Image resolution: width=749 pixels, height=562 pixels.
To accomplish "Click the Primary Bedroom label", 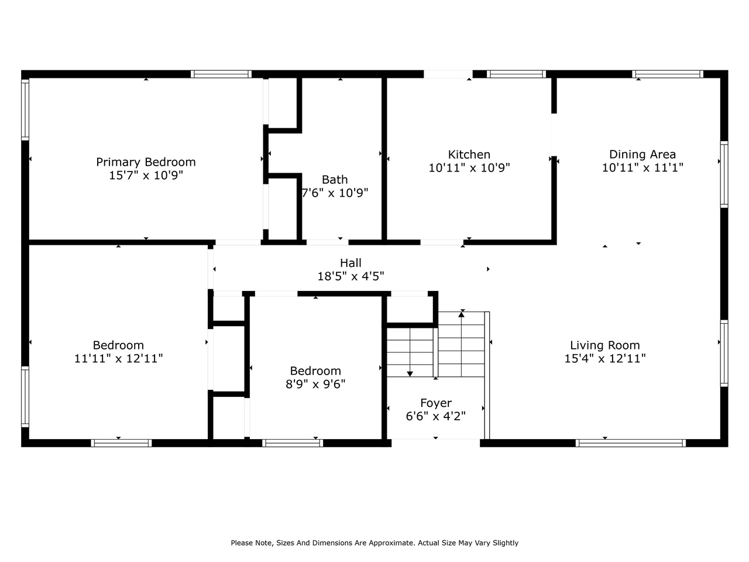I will click(146, 162).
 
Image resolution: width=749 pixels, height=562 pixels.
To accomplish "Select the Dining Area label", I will click(643, 155).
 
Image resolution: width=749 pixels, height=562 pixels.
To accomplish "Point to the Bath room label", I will click(335, 180).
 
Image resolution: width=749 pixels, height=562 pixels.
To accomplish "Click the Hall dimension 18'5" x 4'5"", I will click(351, 276).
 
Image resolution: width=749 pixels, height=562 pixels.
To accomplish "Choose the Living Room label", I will click(605, 345).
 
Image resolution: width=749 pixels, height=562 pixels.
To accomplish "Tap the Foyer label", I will click(436, 403).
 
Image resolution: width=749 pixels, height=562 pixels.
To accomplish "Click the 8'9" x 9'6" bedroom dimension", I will click(315, 384).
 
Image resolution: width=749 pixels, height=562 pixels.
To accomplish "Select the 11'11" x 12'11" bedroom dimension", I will click(118, 358).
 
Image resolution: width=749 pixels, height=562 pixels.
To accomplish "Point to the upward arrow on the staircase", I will click(462, 315).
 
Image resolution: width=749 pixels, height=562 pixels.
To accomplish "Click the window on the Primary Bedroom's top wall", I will click(221, 74).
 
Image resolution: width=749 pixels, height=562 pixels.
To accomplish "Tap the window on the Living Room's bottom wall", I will click(631, 443).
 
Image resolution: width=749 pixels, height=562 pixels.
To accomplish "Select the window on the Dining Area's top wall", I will click(668, 74).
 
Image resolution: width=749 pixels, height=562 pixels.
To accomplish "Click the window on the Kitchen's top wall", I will click(516, 74).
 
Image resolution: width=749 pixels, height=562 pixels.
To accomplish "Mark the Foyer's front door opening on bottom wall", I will click(435, 443).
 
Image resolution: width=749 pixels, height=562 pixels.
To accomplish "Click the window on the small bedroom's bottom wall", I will click(293, 443).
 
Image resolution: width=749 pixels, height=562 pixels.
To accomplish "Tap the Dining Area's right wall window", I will click(724, 174).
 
